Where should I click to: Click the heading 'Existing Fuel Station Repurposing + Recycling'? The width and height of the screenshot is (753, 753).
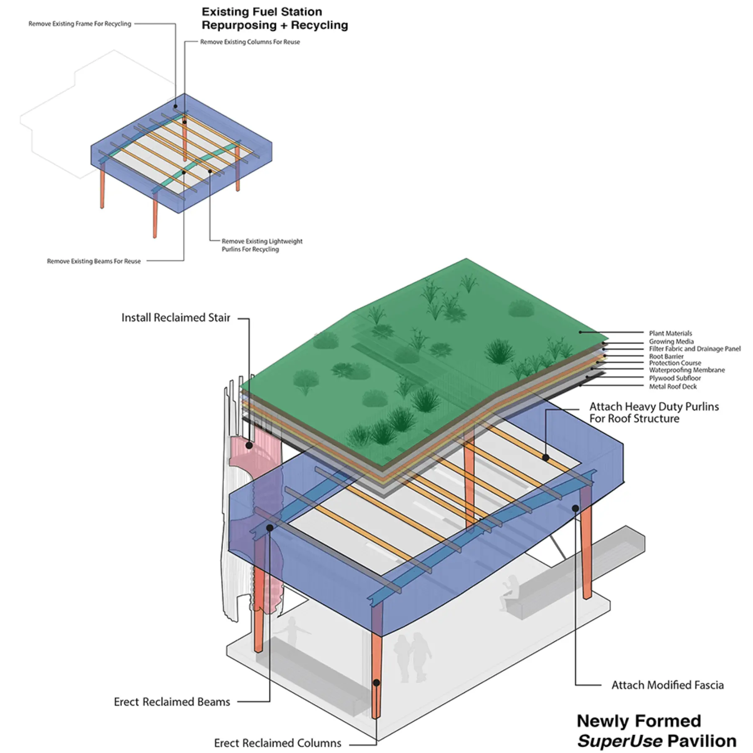tap(274, 18)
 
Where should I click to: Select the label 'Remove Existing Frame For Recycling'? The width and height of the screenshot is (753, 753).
tap(79, 24)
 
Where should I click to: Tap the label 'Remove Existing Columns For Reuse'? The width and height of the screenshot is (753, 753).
tap(250, 42)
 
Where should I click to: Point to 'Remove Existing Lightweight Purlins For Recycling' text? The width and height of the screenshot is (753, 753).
tap(262, 245)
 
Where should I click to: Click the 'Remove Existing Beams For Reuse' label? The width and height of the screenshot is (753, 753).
tap(94, 261)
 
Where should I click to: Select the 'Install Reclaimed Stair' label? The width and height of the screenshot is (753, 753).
tap(176, 318)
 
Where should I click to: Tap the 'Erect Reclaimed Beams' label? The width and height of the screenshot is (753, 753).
tap(172, 702)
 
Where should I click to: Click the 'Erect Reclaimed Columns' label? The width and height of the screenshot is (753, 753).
tap(277, 743)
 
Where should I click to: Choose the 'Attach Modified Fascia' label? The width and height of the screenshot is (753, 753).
tap(667, 685)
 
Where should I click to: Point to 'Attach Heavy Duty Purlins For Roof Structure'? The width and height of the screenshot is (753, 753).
tap(654, 412)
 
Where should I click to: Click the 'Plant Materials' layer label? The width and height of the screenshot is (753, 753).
tap(670, 333)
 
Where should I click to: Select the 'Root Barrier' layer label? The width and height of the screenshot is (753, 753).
tap(666, 356)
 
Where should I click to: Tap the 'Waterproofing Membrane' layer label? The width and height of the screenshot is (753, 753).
tap(686, 370)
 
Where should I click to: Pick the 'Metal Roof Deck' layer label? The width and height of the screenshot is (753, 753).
tap(673, 387)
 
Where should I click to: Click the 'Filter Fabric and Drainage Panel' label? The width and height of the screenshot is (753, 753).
tap(694, 348)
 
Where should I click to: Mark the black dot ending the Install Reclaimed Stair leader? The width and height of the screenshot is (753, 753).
tap(249, 446)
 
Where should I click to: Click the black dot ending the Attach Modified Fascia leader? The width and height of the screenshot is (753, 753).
tap(575, 508)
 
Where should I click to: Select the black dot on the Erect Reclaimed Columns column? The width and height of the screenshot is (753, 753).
tap(376, 683)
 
